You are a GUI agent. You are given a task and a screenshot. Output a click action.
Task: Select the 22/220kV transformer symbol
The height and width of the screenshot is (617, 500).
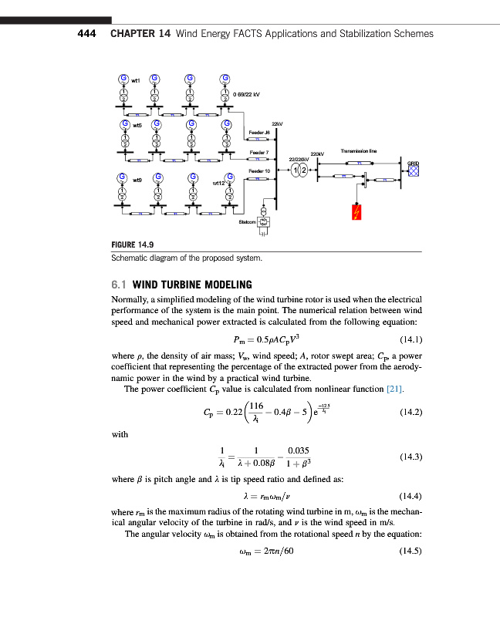coord(300,170)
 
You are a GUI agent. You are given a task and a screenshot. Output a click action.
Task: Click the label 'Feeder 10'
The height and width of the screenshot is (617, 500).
coord(259,170)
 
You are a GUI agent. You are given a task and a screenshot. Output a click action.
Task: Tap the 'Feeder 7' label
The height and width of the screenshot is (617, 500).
coord(258,152)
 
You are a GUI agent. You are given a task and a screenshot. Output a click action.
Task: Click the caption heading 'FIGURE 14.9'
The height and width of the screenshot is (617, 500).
coord(133,246)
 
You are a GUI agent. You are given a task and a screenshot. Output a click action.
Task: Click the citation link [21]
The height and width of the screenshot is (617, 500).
coord(394,388)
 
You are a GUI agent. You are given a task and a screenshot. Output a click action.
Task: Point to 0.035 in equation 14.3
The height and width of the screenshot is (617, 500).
coord(297,450)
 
